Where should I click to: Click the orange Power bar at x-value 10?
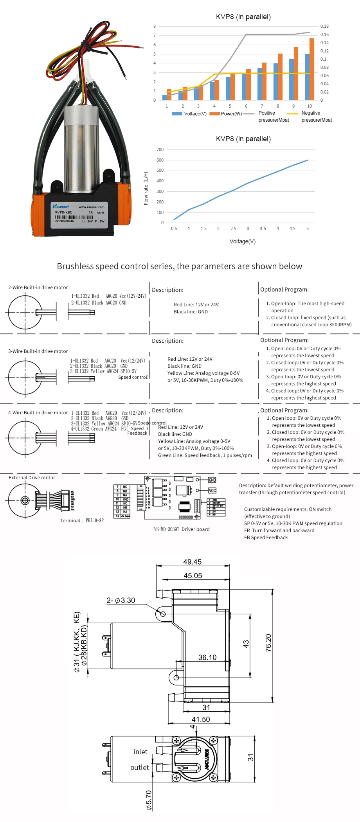tap(312, 69)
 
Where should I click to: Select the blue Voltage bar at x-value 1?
tap(164, 97)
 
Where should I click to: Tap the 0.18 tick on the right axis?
tap(324, 26)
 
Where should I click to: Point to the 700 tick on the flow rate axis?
tap(160, 149)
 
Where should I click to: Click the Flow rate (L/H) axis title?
tap(146, 188)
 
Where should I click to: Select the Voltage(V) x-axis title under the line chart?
tap(243, 241)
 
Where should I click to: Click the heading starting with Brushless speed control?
tap(180, 266)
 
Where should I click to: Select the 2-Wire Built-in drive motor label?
tap(38, 288)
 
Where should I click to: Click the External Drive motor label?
tap(32, 478)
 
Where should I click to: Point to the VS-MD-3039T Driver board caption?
tap(182, 529)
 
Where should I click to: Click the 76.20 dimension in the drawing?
tap(268, 643)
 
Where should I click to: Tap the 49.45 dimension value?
tap(193, 562)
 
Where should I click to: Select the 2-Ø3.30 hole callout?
tap(121, 601)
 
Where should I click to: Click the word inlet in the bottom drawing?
tap(140, 752)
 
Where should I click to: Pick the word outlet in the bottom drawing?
tap(140, 767)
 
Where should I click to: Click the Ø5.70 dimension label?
tap(149, 800)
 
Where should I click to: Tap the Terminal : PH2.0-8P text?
tap(82, 521)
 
